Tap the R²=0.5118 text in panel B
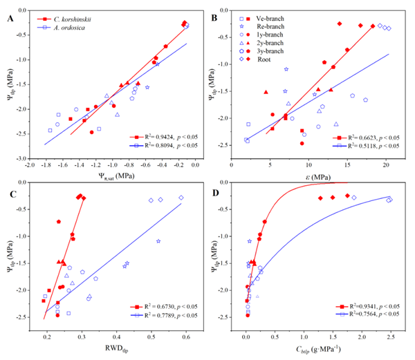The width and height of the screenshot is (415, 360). tap(371, 146)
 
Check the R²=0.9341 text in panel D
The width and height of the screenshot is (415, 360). tap(371, 306)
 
